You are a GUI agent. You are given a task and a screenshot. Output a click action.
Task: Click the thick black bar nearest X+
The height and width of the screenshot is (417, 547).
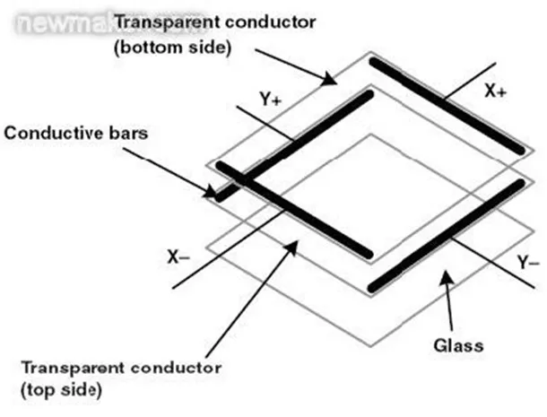click(x=445, y=105)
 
